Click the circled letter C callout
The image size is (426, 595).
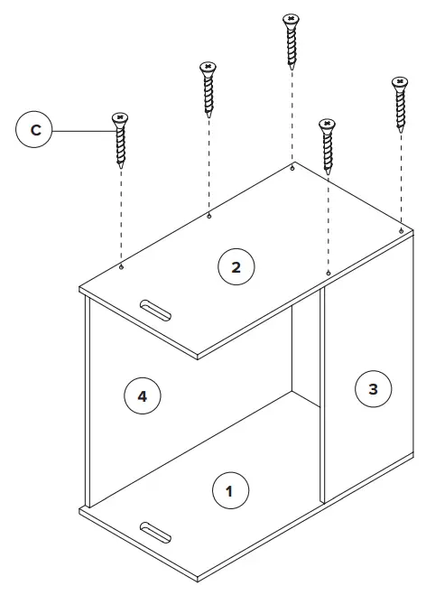tap(35, 131)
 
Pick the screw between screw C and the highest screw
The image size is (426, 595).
tap(208, 90)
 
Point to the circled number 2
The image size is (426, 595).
tap(236, 266)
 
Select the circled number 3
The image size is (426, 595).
tap(373, 389)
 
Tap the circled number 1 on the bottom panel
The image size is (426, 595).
tap(229, 491)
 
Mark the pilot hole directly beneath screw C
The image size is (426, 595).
tap(121, 266)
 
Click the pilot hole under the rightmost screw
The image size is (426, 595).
tap(401, 231)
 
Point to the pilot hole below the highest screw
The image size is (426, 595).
tap(291, 167)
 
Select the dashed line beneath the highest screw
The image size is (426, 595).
tap(291, 117)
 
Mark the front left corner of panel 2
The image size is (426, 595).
tap(79, 290)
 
